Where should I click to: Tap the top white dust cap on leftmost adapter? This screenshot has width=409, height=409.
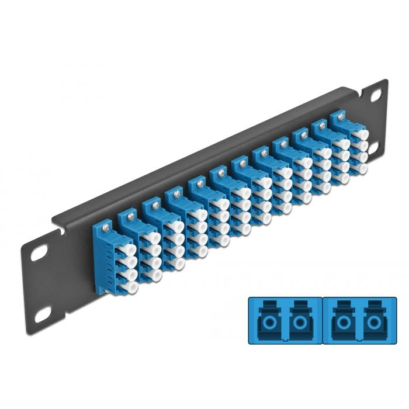119,239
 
